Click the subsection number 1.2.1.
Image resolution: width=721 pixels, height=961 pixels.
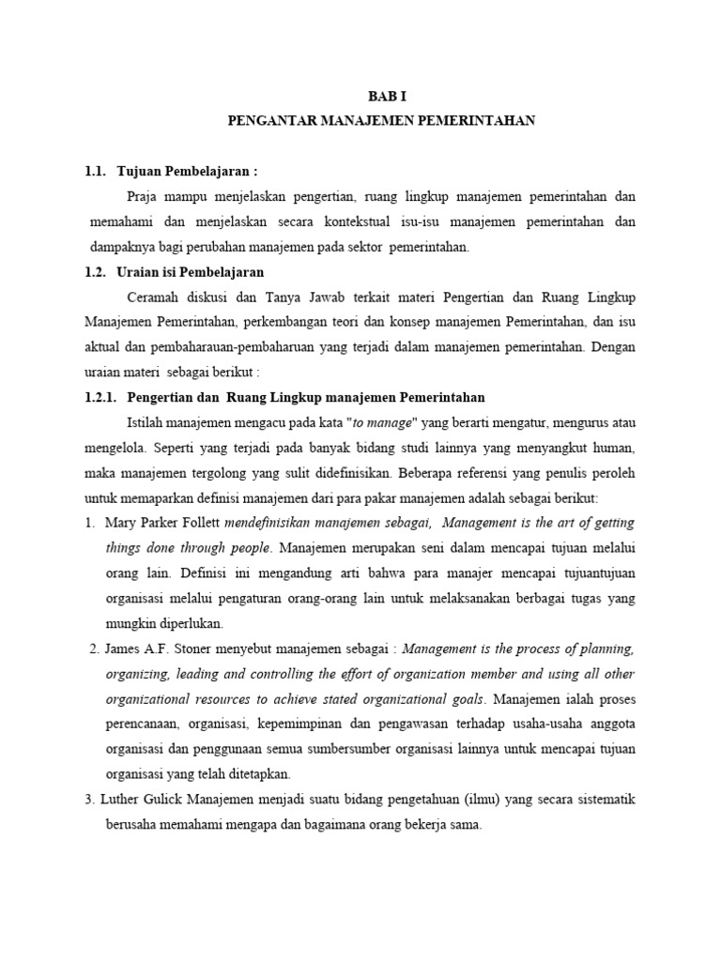[102, 397]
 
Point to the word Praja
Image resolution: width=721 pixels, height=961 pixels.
[143, 196]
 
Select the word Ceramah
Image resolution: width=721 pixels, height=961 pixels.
[152, 297]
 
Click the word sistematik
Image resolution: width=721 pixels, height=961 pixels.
[604, 801]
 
